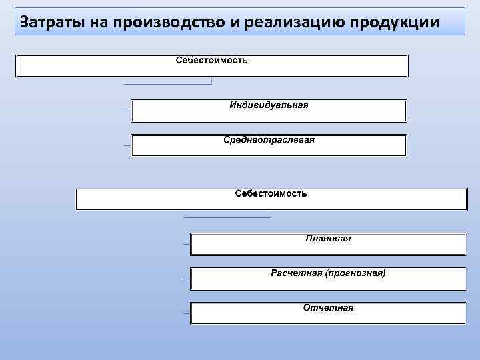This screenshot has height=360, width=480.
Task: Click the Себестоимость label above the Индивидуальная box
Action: click(211, 61)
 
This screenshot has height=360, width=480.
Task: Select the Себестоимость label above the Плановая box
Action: click(271, 193)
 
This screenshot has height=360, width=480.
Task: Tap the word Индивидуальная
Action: click(269, 105)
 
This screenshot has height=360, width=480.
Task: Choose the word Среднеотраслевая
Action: click(269, 140)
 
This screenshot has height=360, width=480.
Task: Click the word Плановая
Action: click(328, 238)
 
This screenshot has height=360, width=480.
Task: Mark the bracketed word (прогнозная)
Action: click(355, 273)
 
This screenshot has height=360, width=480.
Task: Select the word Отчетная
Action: click(328, 308)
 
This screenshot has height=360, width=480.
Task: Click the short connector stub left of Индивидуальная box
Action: click(127, 110)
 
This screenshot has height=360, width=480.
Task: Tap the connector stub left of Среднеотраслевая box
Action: click(127, 145)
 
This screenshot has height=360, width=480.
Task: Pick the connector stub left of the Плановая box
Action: click(186, 244)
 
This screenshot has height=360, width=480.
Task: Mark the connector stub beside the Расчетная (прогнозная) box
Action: click(186, 279)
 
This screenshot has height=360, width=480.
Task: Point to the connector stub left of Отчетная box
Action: click(186, 313)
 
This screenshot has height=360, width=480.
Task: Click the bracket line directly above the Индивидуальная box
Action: click(167, 84)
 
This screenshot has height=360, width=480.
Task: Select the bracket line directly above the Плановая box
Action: click(227, 217)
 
